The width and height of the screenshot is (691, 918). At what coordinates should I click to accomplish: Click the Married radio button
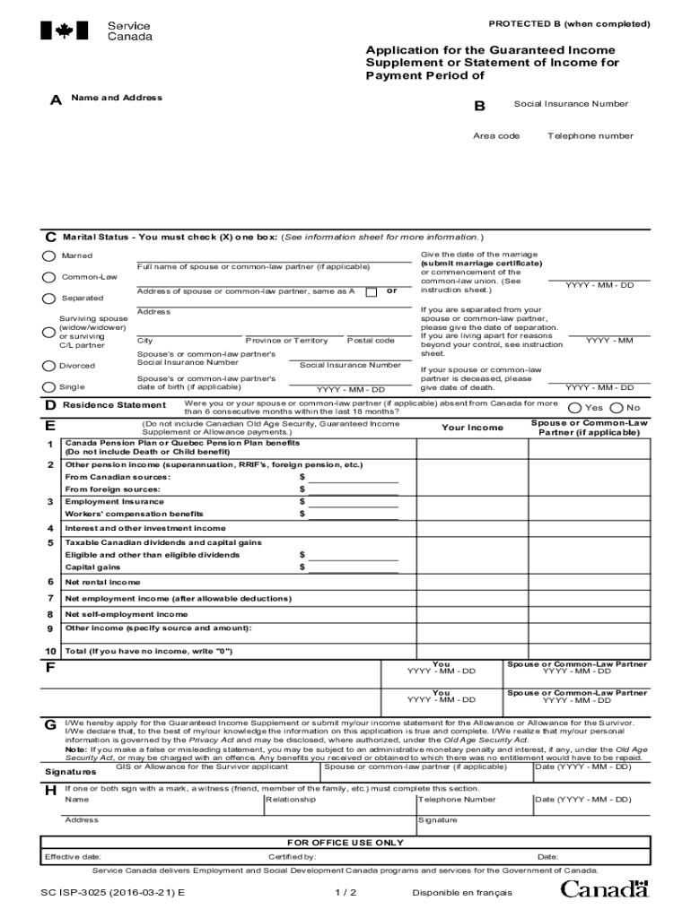pyautogui.click(x=48, y=255)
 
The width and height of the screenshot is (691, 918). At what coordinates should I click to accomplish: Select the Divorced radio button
pyautogui.click(x=48, y=366)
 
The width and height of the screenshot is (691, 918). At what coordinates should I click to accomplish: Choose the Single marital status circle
pyautogui.click(x=48, y=387)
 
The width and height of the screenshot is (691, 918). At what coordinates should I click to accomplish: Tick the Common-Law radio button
pyautogui.click(x=48, y=277)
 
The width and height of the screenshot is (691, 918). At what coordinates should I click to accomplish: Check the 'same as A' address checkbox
pyautogui.click(x=371, y=291)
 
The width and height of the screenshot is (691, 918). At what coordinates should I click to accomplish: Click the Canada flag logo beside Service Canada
pyautogui.click(x=65, y=31)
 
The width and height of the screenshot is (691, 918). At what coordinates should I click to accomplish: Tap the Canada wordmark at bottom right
pyautogui.click(x=604, y=889)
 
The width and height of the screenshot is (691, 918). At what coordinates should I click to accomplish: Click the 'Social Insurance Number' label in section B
pyautogui.click(x=571, y=104)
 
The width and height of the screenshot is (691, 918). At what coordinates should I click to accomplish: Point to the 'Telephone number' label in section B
pyautogui.click(x=590, y=136)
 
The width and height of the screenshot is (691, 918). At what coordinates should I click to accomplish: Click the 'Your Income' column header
pyautogui.click(x=472, y=428)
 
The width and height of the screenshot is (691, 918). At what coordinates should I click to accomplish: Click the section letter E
pyautogui.click(x=50, y=425)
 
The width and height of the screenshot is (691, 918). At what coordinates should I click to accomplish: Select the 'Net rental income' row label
pyautogui.click(x=102, y=582)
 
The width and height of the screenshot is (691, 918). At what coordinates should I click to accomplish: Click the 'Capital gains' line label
pyautogui.click(x=92, y=567)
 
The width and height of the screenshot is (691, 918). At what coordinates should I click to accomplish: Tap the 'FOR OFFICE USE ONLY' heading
pyautogui.click(x=345, y=843)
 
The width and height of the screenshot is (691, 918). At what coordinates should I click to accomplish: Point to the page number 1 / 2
pyautogui.click(x=345, y=893)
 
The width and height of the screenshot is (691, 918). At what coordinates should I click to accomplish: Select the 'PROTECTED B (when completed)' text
pyautogui.click(x=570, y=22)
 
